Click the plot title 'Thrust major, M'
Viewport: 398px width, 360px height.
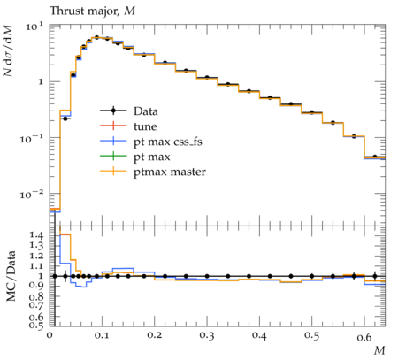click(x=92, y=11)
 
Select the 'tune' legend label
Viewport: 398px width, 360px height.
click(x=145, y=126)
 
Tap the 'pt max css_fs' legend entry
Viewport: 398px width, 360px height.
click(x=168, y=142)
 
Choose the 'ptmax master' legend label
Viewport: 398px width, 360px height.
click(x=170, y=172)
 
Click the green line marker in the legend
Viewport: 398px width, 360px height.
click(x=113, y=156)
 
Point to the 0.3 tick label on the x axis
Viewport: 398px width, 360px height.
click(x=207, y=336)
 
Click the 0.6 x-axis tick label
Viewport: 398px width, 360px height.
click(x=364, y=336)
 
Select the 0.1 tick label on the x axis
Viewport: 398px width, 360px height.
click(x=102, y=336)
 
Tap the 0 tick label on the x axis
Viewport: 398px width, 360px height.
click(x=50, y=336)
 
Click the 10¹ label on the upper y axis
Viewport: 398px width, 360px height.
click(x=34, y=27)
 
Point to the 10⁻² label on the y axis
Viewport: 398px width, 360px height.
click(x=31, y=195)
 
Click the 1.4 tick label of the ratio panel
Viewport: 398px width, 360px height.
click(x=36, y=235)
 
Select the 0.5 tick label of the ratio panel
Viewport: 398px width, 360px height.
click(x=36, y=326)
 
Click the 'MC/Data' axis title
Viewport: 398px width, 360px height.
click(x=11, y=276)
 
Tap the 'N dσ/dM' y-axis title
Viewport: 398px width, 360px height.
click(x=8, y=50)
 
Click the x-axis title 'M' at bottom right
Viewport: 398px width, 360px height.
click(x=379, y=350)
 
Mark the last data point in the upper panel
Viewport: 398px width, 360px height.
click(x=375, y=157)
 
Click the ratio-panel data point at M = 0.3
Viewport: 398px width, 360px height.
click(x=207, y=276)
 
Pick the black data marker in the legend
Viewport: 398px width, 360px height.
click(x=113, y=111)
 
